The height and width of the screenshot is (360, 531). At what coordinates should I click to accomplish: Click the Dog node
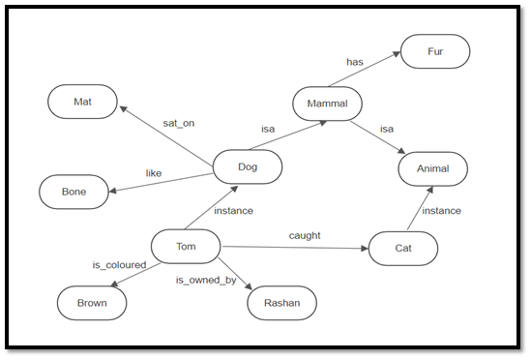248,166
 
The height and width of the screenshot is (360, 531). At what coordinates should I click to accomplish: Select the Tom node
186,246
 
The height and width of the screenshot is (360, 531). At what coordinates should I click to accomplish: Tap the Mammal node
327,103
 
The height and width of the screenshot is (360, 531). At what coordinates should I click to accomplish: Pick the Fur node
435,51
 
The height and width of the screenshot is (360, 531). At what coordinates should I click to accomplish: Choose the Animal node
433,168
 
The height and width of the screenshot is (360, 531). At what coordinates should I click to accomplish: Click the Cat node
402,248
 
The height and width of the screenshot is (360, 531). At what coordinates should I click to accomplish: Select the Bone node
74,192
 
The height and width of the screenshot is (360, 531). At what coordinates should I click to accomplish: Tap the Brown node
92,303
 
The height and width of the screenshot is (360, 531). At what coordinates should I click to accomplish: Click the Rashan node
281,303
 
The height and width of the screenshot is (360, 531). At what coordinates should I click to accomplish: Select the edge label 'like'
154,173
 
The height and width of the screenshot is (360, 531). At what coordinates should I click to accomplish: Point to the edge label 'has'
355,63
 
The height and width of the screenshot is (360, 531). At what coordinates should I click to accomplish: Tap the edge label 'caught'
305,235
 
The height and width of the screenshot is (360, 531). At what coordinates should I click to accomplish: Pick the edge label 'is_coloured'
119,264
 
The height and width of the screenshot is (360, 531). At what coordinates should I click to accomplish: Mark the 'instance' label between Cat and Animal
441,210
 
